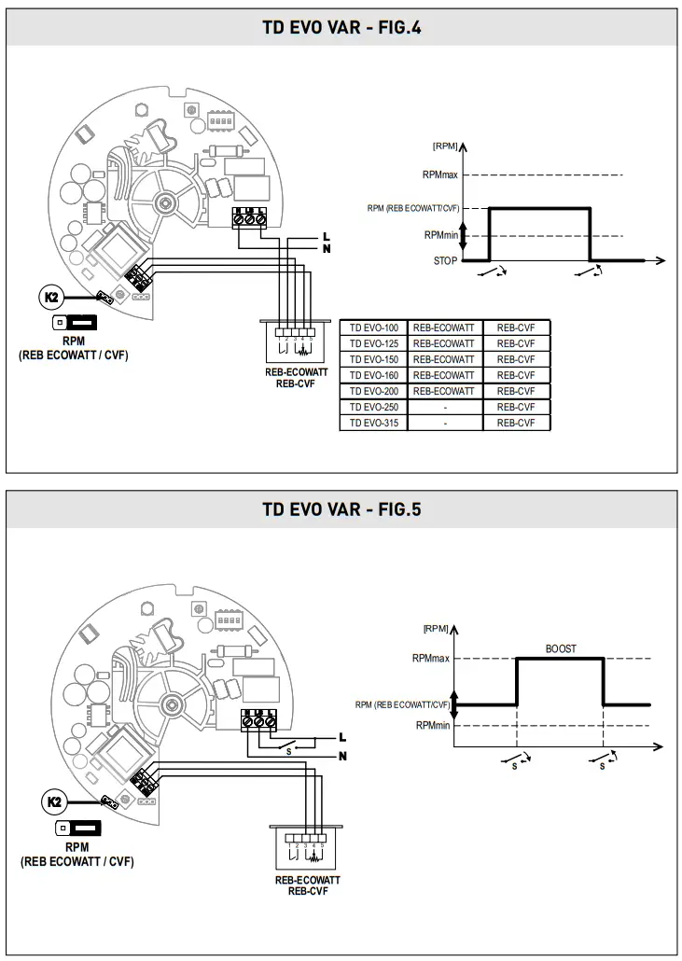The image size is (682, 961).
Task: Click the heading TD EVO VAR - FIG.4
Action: [341, 27]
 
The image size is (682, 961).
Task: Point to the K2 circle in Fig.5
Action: [53, 801]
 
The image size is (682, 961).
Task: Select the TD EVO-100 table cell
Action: [373, 327]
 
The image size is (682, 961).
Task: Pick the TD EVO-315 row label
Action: [373, 423]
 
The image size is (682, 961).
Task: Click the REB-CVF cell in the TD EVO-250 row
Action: [516, 407]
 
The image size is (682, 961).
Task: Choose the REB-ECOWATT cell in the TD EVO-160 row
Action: [443, 375]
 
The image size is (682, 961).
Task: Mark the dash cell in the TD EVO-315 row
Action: [445, 423]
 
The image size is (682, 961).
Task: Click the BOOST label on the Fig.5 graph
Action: [560, 648]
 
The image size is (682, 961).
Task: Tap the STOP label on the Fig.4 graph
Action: [446, 261]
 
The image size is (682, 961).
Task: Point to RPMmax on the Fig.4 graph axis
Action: [440, 174]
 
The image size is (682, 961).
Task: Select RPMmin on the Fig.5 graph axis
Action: [433, 725]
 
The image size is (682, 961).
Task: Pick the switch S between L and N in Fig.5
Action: [288, 745]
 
